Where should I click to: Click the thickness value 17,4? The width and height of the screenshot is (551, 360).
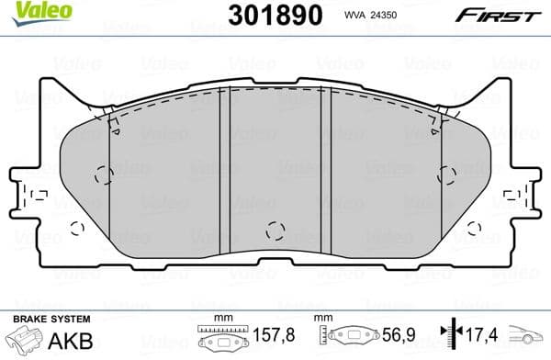click(481, 335)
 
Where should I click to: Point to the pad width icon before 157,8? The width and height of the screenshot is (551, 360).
click(221, 336)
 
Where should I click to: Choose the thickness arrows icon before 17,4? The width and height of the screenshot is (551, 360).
click(449, 335)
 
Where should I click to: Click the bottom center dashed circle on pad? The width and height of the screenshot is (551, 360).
click(274, 231)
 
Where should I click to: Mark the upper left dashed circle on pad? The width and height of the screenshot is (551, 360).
click(104, 175)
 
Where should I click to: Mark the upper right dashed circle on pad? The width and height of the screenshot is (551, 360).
click(448, 175)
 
